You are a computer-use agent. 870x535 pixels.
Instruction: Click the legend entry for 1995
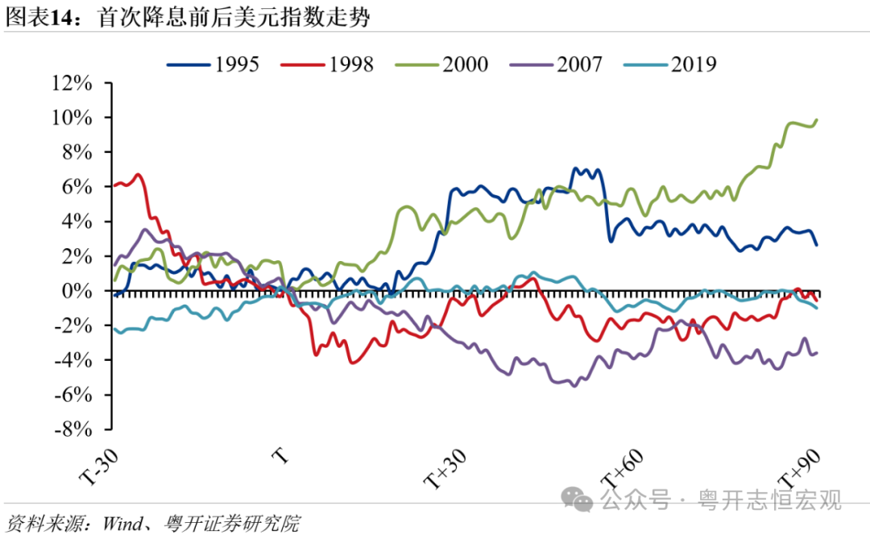213,64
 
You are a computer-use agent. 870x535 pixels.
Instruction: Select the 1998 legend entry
327,64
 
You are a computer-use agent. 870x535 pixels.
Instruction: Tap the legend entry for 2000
441,64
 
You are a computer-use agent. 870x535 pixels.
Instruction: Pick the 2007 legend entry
555,64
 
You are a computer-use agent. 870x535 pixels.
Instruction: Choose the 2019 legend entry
669,64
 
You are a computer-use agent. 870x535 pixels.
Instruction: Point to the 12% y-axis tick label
72,83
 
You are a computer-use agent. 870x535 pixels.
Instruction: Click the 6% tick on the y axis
79,187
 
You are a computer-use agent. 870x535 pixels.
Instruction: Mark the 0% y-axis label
79,291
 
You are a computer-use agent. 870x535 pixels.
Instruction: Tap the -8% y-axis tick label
76,429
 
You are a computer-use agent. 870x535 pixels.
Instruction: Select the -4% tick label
76,360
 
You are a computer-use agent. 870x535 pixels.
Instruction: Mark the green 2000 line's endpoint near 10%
816,120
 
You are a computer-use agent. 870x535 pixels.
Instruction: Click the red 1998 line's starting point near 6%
115,186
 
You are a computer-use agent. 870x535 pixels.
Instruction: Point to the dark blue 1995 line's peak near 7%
574,169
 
